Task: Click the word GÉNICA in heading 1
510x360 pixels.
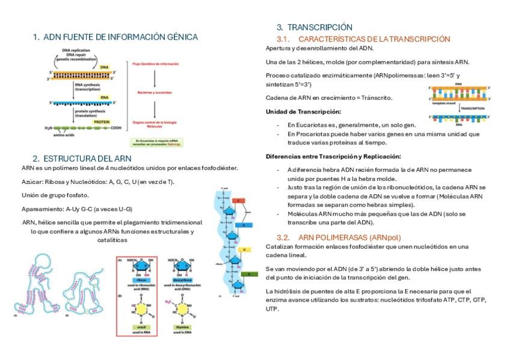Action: click(179, 37)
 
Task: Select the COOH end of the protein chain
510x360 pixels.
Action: click(117, 128)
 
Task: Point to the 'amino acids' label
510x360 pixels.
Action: click(63, 135)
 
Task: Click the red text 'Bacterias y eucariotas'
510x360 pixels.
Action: click(155, 92)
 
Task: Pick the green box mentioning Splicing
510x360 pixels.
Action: click(155, 143)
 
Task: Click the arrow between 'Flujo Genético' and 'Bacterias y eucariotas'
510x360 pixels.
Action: click(155, 77)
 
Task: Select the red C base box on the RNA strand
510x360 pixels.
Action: click(238, 200)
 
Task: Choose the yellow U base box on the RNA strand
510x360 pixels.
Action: click(245, 248)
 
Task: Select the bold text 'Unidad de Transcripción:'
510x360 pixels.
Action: click(303, 111)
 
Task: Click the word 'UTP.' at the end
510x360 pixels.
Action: click(272, 308)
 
